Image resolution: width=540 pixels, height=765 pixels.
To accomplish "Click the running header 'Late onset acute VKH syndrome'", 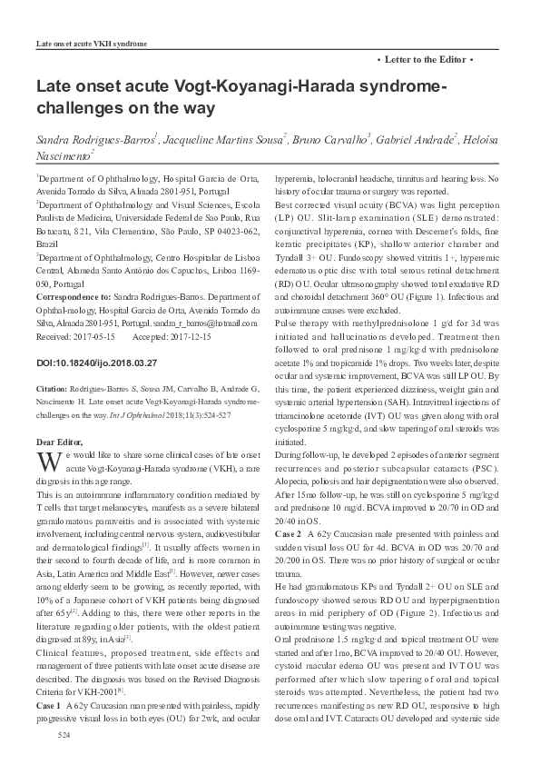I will (91, 44).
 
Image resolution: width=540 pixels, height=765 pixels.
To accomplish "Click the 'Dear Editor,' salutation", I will (57, 441).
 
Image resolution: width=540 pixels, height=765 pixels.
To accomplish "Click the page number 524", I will (64, 758).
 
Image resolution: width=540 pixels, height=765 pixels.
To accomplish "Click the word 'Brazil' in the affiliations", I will (46, 245).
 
